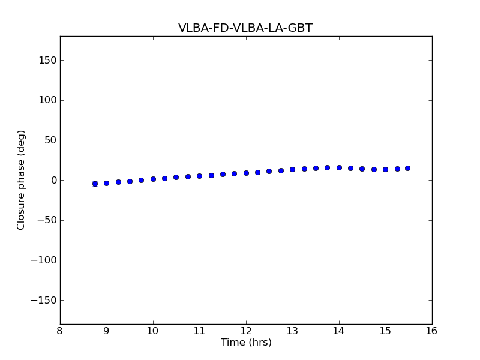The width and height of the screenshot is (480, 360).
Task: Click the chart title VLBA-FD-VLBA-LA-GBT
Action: [x=245, y=28]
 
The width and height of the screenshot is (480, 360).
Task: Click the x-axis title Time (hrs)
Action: [x=246, y=343]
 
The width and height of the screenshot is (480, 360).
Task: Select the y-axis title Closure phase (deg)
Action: [x=22, y=180]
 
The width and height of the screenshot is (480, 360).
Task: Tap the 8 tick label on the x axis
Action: [x=60, y=331]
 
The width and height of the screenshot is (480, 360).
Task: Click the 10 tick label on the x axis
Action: [x=153, y=331]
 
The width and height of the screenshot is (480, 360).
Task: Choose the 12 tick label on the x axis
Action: [x=246, y=331]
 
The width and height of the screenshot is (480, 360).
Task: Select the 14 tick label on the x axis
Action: [x=339, y=331]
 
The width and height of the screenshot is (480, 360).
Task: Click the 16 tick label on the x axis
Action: [x=432, y=331]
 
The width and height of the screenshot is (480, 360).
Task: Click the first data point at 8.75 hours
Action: [x=95, y=184]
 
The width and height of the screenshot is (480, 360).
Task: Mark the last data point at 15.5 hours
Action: [x=409, y=168]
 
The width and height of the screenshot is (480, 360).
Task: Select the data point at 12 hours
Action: [x=246, y=173]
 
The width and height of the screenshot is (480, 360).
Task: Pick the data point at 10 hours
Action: [x=153, y=179]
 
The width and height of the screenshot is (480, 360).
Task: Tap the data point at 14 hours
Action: [x=339, y=167]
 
